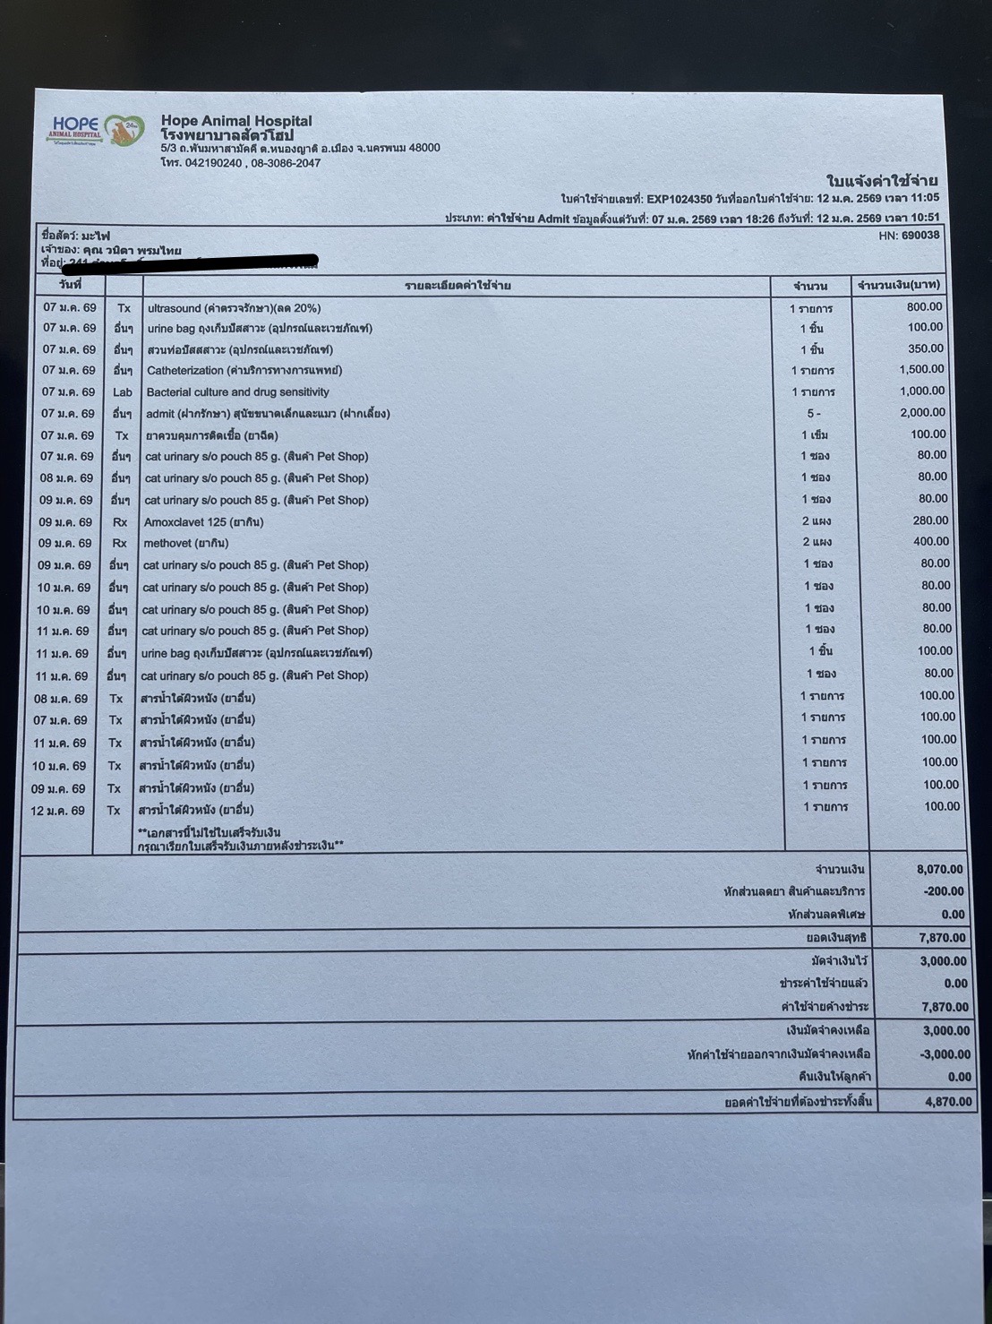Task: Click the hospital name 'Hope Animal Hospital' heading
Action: coord(236,121)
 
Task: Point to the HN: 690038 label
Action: coord(909,236)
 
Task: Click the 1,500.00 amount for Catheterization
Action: coord(921,369)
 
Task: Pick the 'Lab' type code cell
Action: coord(123,392)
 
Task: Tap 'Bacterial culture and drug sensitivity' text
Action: coord(237,392)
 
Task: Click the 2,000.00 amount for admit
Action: coord(922,413)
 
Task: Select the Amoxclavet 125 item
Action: coord(203,522)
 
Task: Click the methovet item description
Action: coord(185,544)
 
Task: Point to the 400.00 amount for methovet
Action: coord(930,542)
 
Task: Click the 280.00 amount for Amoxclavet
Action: coord(930,520)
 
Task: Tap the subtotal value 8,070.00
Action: coord(939,869)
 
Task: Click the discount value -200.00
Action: coord(944,892)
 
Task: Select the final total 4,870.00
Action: coord(947,1102)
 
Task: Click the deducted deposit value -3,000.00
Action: coord(945,1054)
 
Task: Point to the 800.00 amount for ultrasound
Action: coord(924,306)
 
